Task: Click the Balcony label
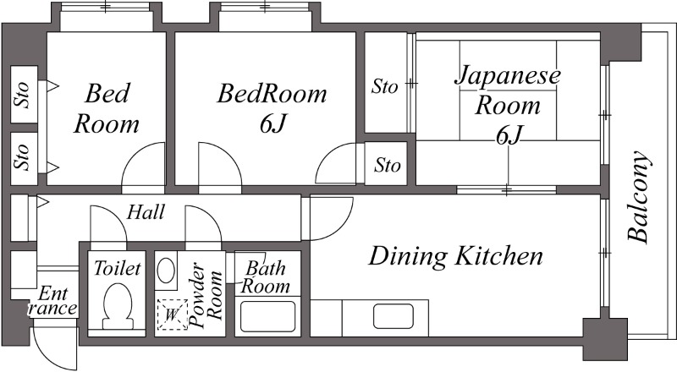pos(641,195)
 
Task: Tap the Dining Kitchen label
pos(456,254)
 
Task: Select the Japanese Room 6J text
pos(509,105)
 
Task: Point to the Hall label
pos(146,212)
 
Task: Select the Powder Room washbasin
pos(167,271)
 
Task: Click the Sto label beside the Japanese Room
pos(385,85)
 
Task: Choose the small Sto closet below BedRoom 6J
pos(387,164)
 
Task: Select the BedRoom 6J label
pos(272,107)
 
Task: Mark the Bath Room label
pos(265,277)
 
